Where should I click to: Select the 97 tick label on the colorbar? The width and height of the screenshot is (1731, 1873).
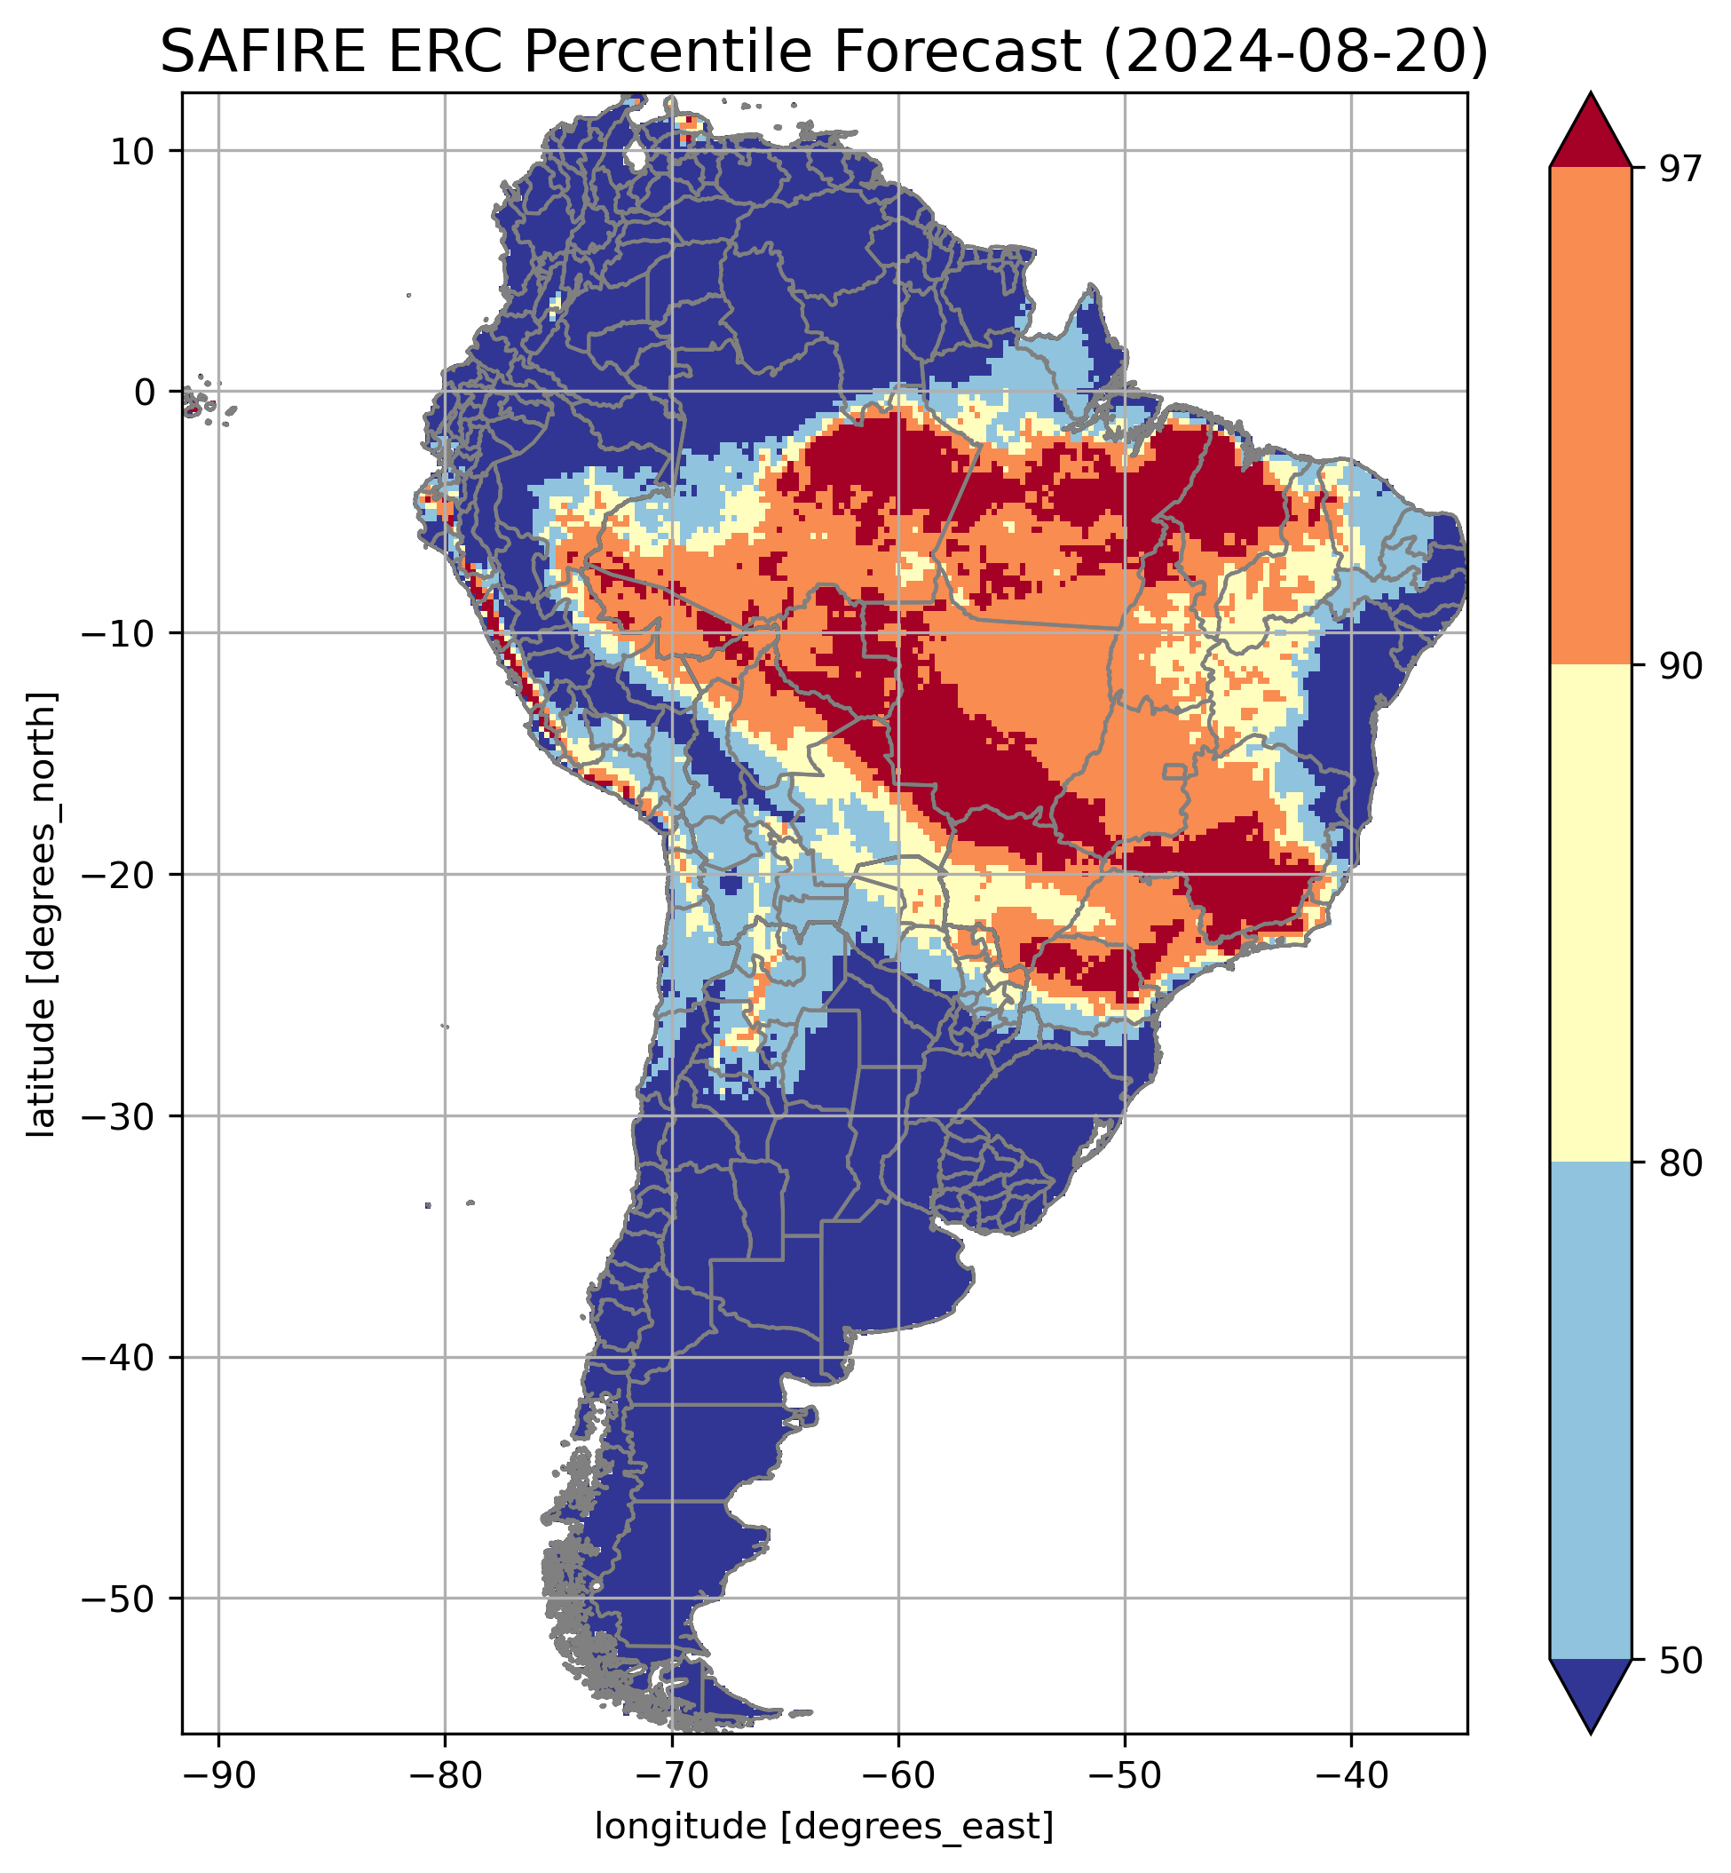tap(1680, 169)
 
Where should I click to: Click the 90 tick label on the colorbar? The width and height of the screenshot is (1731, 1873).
tap(1680, 666)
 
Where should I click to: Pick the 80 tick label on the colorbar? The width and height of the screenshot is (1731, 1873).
tap(1680, 1163)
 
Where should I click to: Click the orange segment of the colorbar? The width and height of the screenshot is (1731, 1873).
tap(1591, 417)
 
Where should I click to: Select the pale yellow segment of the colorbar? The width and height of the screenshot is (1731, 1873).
tap(1591, 914)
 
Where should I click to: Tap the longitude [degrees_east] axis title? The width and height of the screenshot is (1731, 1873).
tap(825, 1826)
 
